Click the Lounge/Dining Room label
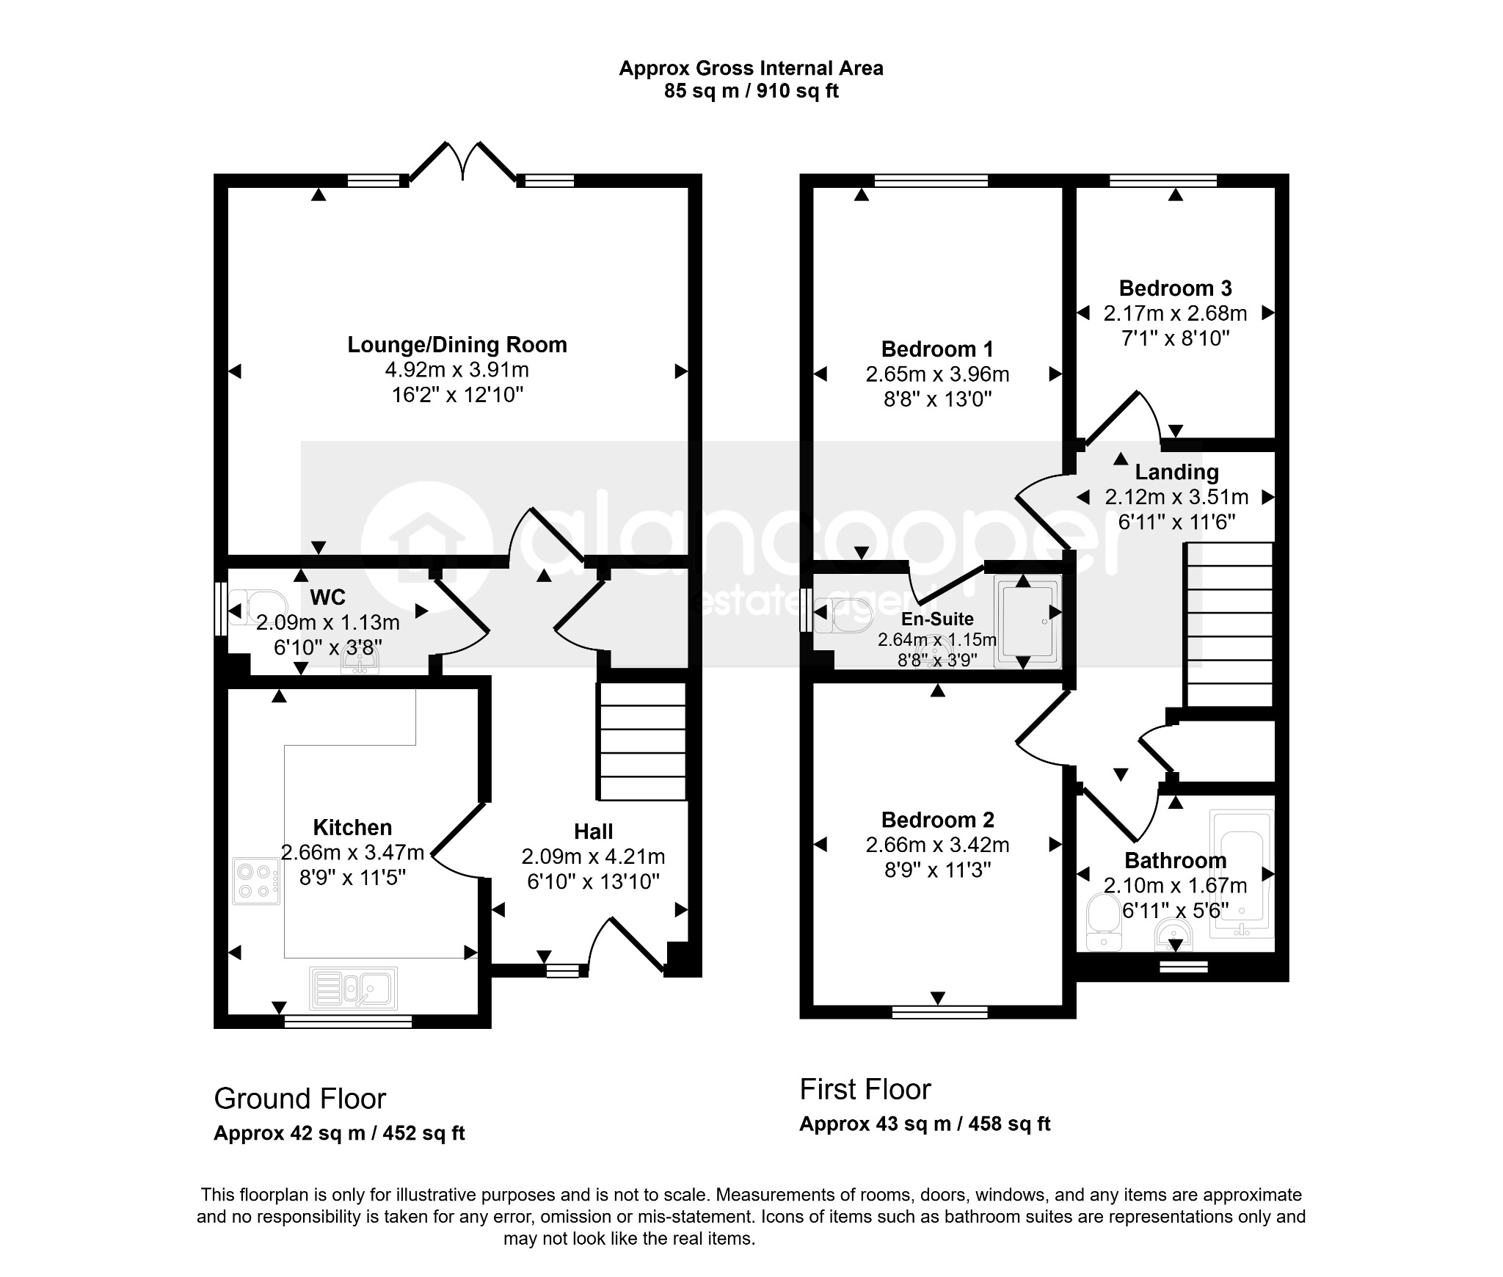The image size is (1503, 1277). coord(457,345)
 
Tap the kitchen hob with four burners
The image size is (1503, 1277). coord(257,881)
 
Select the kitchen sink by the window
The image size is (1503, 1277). coord(354,987)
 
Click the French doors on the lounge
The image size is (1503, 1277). coord(462,161)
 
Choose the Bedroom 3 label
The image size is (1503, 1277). coord(1175,288)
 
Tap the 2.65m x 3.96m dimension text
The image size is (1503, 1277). coord(937,374)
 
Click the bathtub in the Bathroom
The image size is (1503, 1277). coord(1242,874)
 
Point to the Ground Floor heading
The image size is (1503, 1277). coord(299,1099)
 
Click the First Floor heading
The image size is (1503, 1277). coord(865,1089)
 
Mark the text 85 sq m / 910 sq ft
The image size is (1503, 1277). coord(751,91)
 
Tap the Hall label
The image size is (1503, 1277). coord(593,832)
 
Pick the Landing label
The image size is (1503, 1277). coord(1176,472)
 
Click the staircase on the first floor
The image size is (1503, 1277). coord(1229,625)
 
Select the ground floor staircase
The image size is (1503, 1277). coord(643,741)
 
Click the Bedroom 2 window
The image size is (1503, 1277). coord(939,1012)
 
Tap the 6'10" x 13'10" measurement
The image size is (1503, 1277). coord(593,881)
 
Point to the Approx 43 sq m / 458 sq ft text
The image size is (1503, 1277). coord(925,1124)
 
